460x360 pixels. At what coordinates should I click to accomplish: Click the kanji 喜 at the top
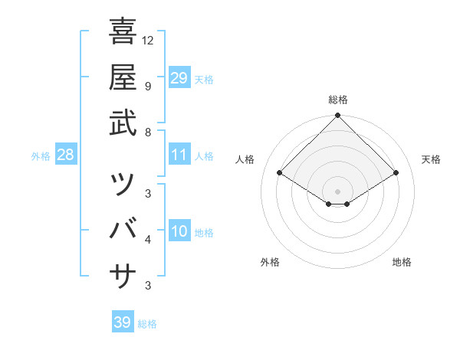(123, 32)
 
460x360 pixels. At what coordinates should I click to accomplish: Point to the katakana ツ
(123, 184)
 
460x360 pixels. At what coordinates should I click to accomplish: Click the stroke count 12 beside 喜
(149, 41)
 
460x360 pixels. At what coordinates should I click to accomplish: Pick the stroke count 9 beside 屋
(148, 86)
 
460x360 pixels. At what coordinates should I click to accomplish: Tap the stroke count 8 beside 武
(148, 132)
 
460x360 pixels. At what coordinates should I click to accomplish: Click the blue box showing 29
(179, 78)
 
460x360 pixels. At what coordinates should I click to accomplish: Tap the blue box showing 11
(179, 155)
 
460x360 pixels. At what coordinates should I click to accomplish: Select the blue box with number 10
(179, 232)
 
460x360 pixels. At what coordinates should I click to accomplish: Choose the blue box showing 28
(66, 155)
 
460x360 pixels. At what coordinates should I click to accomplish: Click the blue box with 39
(122, 322)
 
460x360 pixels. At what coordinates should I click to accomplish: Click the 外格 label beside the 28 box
(41, 156)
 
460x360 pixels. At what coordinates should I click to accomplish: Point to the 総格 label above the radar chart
(338, 100)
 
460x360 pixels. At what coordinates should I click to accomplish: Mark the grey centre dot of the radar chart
(338, 191)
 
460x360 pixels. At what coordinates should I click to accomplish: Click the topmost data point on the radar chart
(338, 116)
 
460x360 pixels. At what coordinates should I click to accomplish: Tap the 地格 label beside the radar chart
(402, 263)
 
